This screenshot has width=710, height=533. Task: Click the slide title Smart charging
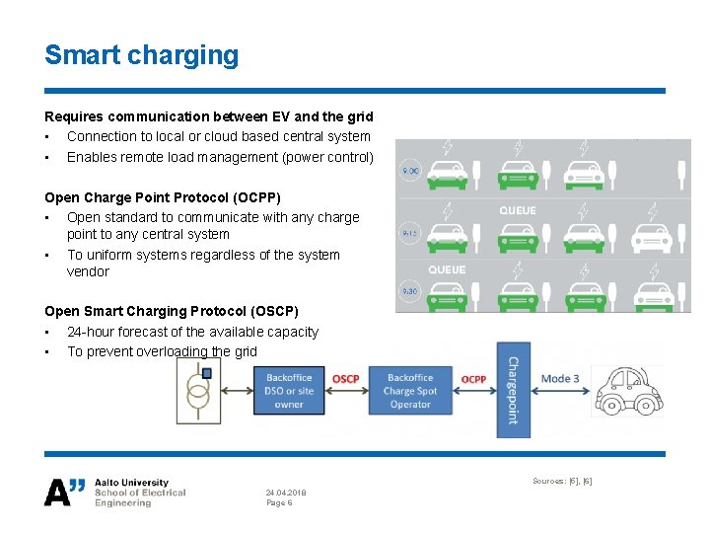[141, 54]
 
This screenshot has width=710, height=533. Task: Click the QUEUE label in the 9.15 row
[518, 210]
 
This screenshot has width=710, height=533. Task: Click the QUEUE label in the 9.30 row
[447, 269]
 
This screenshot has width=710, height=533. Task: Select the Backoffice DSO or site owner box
[289, 391]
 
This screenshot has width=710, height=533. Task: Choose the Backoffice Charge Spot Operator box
[410, 391]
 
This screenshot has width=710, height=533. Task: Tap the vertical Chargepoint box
[513, 390]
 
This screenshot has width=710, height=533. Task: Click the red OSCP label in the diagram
[346, 379]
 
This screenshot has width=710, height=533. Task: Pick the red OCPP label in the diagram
[473, 379]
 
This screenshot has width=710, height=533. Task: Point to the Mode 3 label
[560, 379]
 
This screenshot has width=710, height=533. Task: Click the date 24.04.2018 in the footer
[286, 491]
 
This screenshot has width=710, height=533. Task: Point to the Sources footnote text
[562, 481]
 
